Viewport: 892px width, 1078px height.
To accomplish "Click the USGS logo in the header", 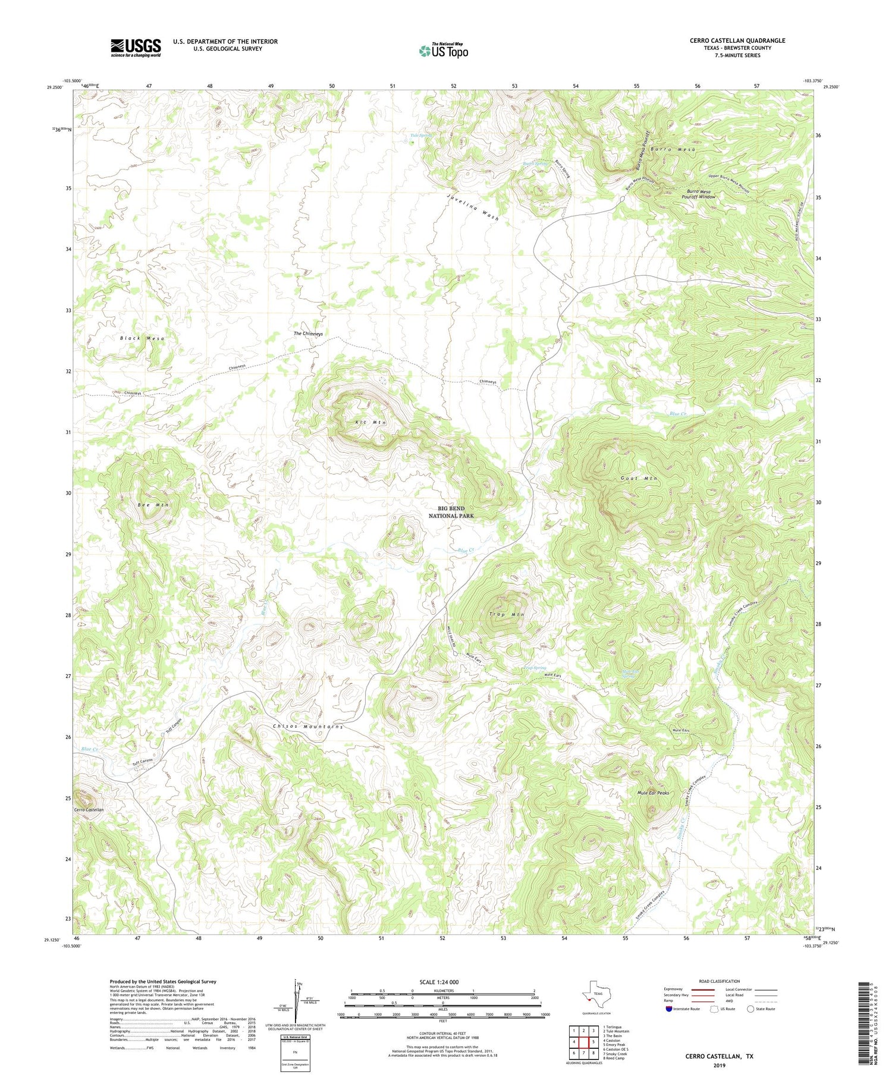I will click(136, 48).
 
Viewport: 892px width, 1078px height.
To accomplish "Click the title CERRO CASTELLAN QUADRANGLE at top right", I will click(729, 40).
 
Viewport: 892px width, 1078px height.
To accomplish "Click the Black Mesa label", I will click(142, 338).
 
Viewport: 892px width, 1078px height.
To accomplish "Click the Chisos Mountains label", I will click(308, 727).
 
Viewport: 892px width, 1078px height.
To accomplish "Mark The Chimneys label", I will click(308, 334).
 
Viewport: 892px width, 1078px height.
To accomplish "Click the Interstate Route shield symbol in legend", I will click(670, 1009).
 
